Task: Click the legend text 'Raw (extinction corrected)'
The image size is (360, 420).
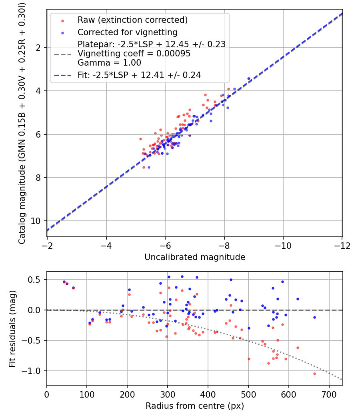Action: (x=132, y=20)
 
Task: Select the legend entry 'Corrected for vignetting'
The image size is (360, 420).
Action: (x=128, y=32)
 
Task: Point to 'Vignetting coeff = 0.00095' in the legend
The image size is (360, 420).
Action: (x=134, y=54)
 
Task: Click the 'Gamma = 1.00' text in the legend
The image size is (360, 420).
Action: (x=109, y=63)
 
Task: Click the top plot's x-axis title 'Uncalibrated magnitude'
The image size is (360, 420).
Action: (x=195, y=257)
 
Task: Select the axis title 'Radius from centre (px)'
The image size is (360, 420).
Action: (x=195, y=406)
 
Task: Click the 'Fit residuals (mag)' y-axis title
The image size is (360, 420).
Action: (x=12, y=329)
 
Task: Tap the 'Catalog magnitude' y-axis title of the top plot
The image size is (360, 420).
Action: (x=22, y=123)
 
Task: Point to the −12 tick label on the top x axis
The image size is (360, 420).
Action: (x=342, y=246)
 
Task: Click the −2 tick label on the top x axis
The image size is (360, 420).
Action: (x=47, y=246)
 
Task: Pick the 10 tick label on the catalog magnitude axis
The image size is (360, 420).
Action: (x=36, y=221)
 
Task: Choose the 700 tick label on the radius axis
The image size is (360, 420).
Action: (x=329, y=394)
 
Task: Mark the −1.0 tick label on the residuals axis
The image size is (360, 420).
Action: (x=31, y=371)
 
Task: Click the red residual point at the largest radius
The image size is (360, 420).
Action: (x=314, y=374)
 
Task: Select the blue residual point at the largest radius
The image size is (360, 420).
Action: (x=314, y=318)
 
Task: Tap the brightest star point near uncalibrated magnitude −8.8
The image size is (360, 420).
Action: (x=248, y=79)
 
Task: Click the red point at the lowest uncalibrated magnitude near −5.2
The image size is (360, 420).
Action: (x=140, y=139)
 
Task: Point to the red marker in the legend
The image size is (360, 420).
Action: (x=63, y=21)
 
